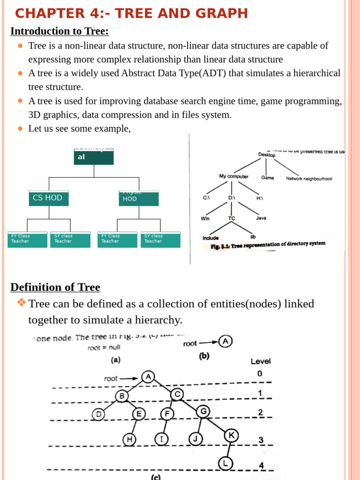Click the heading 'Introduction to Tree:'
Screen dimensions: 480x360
pyautogui.click(x=60, y=31)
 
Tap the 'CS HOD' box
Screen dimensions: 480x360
pyautogui.click(x=48, y=198)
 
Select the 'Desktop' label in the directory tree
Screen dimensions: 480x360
pyautogui.click(x=267, y=155)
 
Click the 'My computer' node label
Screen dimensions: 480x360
pyautogui.click(x=233, y=176)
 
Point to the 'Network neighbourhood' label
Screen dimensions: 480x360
pyautogui.click(x=309, y=179)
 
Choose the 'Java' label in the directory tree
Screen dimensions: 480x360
pyautogui.click(x=261, y=218)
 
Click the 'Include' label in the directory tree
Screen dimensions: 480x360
pyautogui.click(x=210, y=238)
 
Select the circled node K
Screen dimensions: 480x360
pyautogui.click(x=231, y=435)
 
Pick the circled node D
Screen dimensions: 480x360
pyautogui.click(x=98, y=414)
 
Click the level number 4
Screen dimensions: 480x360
pyautogui.click(x=261, y=465)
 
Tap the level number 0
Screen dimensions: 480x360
pyautogui.click(x=260, y=374)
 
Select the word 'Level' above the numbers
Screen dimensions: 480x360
pyautogui.click(x=261, y=361)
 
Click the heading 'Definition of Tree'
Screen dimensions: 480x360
pyautogui.click(x=55, y=287)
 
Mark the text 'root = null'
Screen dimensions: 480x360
pyautogui.click(x=104, y=347)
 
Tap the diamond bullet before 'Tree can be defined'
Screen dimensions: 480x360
pyautogui.click(x=21, y=303)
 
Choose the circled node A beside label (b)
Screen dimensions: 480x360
pyautogui.click(x=226, y=341)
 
